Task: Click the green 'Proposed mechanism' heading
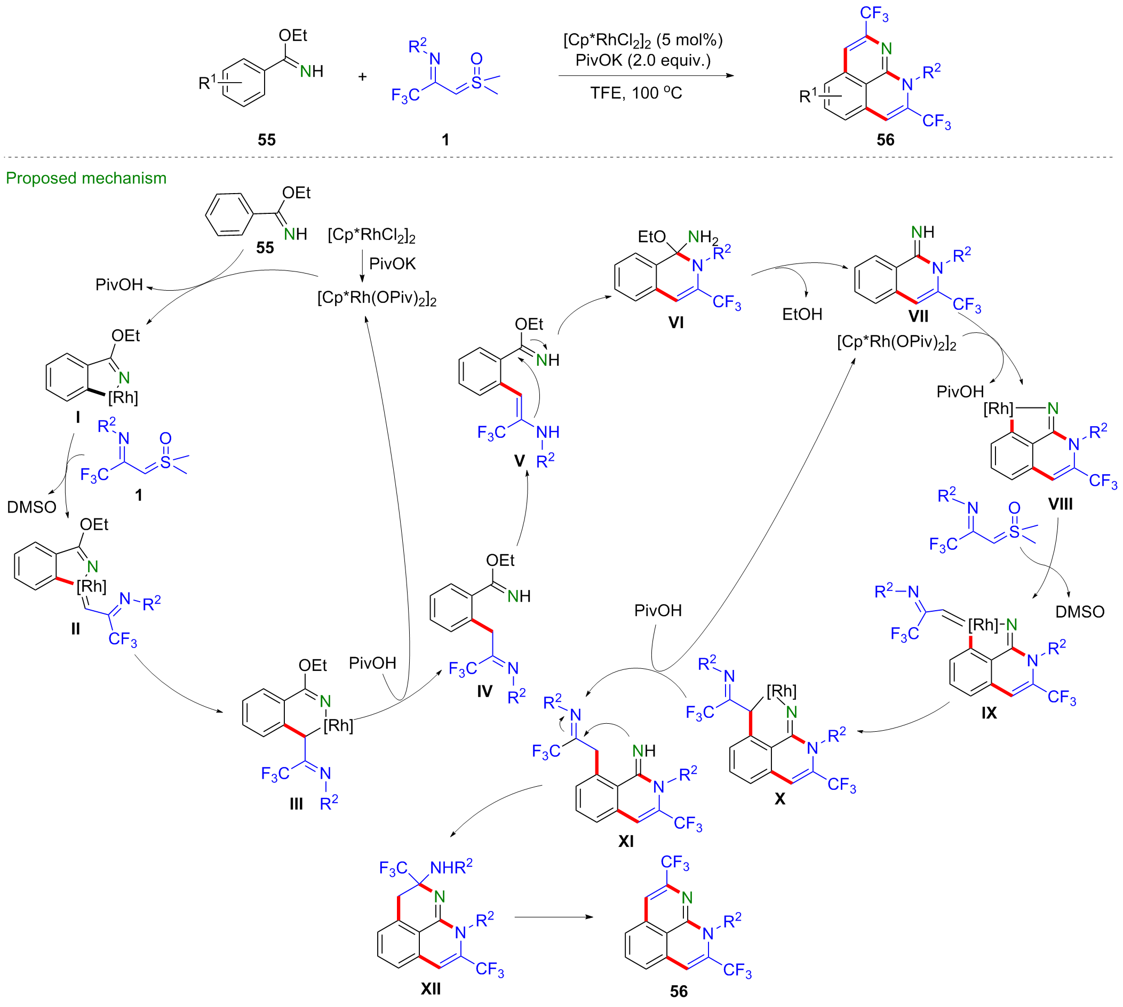[86, 178]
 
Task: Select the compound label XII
[430, 988]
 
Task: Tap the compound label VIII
[1060, 504]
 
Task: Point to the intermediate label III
[296, 804]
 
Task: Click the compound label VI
[676, 322]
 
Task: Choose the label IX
[989, 713]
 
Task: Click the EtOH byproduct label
[801, 314]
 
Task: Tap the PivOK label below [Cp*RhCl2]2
[392, 264]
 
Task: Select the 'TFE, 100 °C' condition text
[636, 93]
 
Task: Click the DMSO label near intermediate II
[31, 507]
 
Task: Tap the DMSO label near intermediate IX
[1079, 611]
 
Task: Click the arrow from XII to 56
[553, 917]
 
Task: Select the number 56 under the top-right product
[885, 139]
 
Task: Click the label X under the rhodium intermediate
[779, 798]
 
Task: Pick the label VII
[918, 316]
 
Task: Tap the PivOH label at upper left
[119, 284]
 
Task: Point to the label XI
[625, 842]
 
